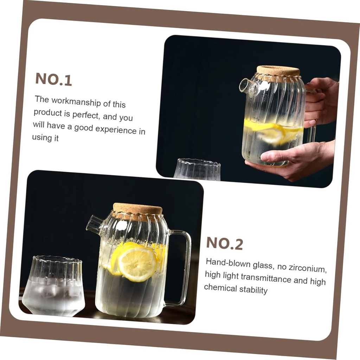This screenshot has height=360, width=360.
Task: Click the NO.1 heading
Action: tap(54, 79)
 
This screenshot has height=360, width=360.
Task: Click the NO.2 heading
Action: tap(225, 243)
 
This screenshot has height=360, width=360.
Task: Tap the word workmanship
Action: tap(76, 102)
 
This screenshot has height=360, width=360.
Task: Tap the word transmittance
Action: tap(266, 278)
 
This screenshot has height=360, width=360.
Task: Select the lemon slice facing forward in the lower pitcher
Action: tap(137, 263)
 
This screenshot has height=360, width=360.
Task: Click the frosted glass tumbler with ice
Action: tap(53, 286)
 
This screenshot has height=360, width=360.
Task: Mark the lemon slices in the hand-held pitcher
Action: tap(273, 131)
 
